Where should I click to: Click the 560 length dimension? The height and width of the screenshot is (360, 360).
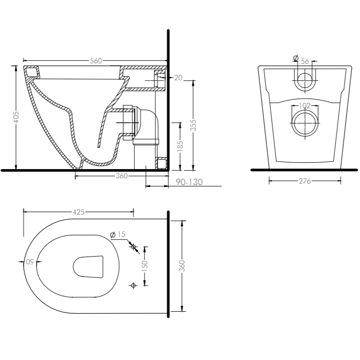coord(96,60)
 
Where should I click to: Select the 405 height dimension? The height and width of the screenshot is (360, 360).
coord(16,117)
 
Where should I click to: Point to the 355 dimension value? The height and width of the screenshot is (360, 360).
coord(193,125)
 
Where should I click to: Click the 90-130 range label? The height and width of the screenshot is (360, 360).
coord(189,182)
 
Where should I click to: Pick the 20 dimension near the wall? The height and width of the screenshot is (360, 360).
coord(178,77)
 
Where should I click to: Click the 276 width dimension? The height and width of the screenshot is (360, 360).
coord(304,181)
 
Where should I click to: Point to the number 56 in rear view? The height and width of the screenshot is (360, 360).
coord(305,61)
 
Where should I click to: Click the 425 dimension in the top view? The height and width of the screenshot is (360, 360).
coord(79,212)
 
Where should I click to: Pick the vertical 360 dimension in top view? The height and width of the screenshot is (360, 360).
coord(183,265)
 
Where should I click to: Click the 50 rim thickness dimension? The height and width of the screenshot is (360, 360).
coord(29,262)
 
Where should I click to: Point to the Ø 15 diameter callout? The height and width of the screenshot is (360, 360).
coord(118,234)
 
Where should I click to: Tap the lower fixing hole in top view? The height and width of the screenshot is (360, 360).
coord(134,285)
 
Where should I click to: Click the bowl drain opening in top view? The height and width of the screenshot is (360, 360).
coord(89,266)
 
